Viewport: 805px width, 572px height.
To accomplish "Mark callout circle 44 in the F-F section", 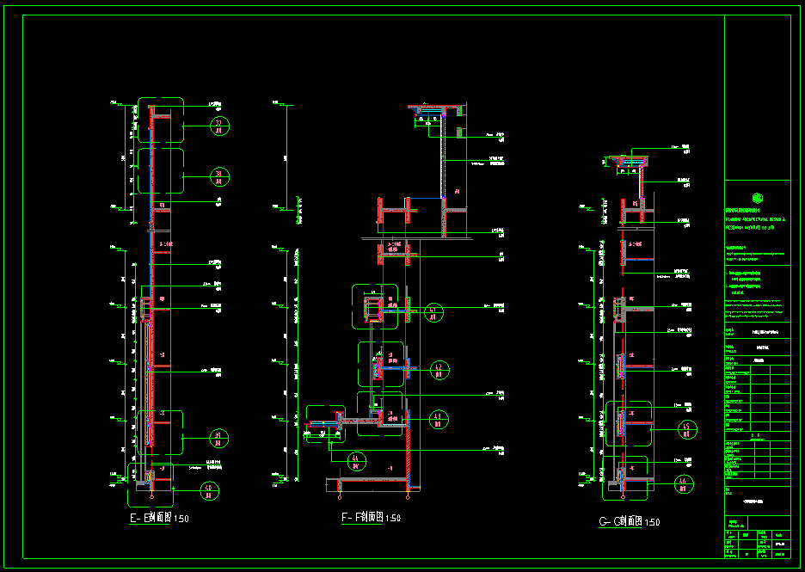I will point(357,460).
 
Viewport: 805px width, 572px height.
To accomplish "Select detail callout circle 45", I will point(685,429).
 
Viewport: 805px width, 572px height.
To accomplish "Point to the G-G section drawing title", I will point(620,522).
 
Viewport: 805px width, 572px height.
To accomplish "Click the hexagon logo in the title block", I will point(757,195).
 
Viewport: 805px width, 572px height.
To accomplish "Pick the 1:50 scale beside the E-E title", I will point(181,519).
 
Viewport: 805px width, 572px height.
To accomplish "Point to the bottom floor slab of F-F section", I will point(370,479).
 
